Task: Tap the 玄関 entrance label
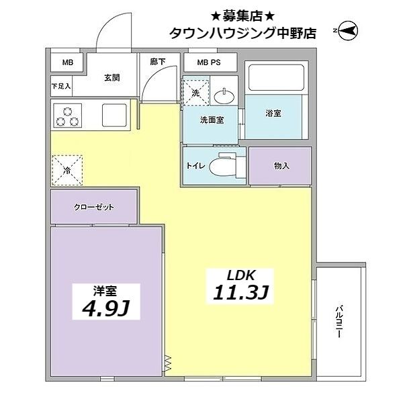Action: tap(111, 78)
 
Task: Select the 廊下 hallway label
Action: tap(157, 62)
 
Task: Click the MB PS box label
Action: tap(208, 62)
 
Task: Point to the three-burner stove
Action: tap(68, 116)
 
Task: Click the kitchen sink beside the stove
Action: tap(115, 116)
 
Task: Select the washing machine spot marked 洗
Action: tap(195, 92)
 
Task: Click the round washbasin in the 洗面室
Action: tap(224, 96)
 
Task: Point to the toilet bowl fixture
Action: tap(224, 166)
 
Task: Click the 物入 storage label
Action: tap(281, 165)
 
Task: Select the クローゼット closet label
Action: tap(94, 206)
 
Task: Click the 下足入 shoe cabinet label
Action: tap(61, 86)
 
